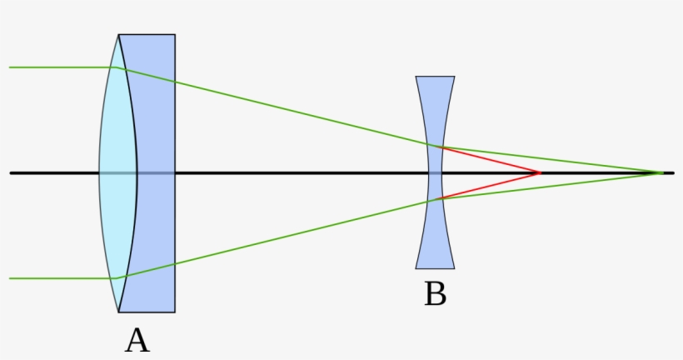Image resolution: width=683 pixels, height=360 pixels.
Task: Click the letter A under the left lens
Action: (137, 340)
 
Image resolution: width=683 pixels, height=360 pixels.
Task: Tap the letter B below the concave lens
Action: (435, 294)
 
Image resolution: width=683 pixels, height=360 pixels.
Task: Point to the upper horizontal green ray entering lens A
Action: (58, 67)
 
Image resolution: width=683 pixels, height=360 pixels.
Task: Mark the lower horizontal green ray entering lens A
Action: (58, 278)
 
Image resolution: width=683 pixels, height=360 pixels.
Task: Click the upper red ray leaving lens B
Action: (491, 160)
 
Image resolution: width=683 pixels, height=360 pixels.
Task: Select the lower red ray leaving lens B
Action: (491, 186)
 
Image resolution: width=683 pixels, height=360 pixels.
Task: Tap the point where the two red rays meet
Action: (541, 172)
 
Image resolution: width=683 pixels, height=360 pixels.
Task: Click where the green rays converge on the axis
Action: (663, 172)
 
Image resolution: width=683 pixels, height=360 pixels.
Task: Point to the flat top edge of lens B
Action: (436, 77)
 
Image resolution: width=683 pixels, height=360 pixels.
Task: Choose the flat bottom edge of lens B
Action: (436, 268)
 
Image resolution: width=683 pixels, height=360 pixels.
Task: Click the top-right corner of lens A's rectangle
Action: (175, 34)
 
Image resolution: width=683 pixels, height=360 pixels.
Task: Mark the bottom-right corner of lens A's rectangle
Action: (175, 312)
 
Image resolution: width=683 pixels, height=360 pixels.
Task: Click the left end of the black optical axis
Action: (11, 172)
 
